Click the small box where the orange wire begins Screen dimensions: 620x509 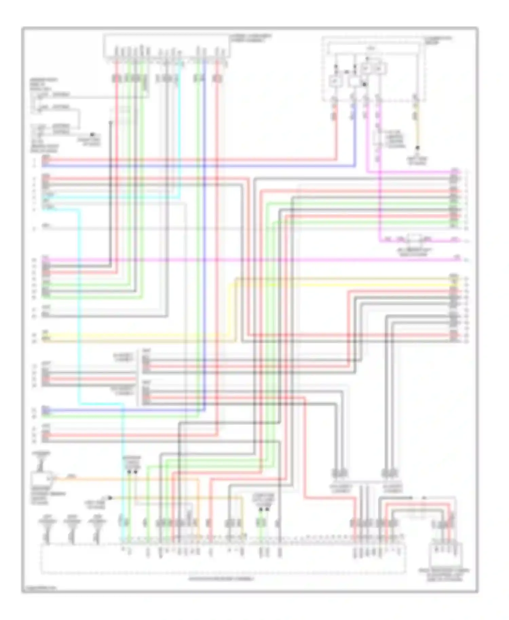(41, 480)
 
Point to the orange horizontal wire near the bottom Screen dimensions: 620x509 (136, 479)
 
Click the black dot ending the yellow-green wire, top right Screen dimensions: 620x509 (418, 148)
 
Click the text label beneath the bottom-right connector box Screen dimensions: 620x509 (444, 575)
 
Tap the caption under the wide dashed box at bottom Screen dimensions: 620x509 (221, 579)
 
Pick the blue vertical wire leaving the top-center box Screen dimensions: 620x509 (204, 237)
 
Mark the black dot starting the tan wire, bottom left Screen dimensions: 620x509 (110, 498)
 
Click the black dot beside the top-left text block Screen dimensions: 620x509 (92, 135)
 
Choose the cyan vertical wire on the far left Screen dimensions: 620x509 (79, 305)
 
